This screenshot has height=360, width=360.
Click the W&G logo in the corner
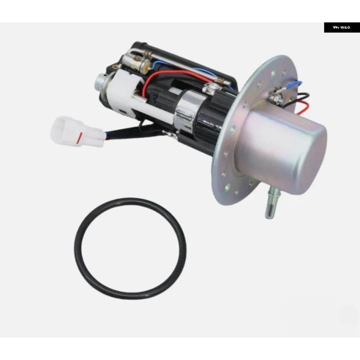pyautogui.click(x=342, y=28)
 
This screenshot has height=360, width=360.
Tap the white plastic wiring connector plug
pyautogui.click(x=76, y=132)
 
